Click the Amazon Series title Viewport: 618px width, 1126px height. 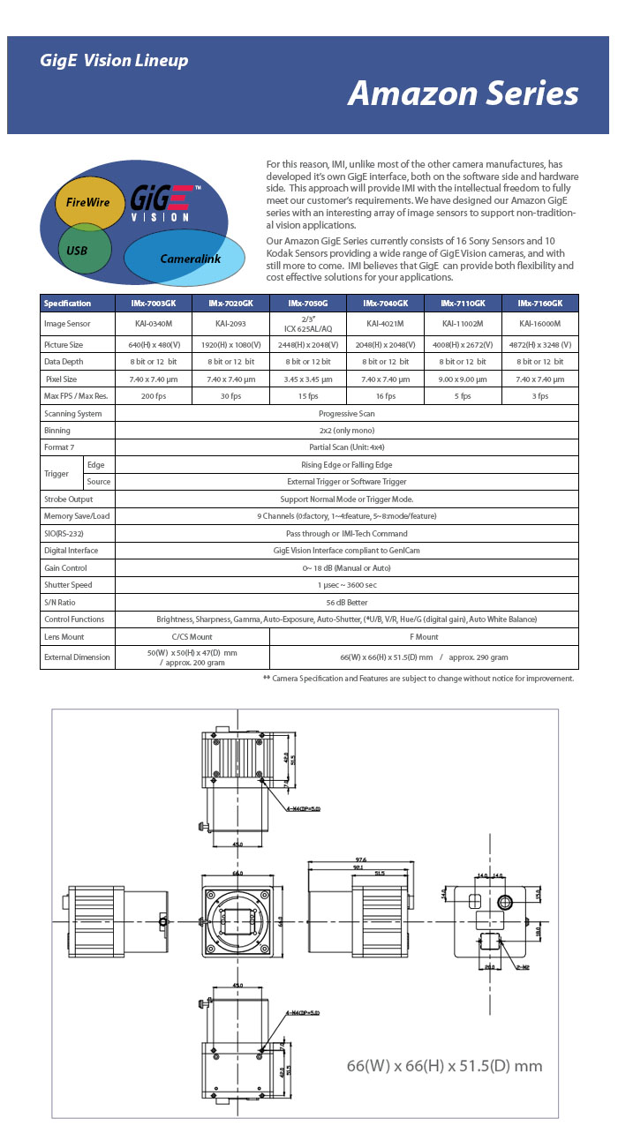[x=463, y=94]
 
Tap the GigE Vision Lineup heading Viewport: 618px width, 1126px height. [x=114, y=61]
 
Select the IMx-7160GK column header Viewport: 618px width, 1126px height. [x=540, y=304]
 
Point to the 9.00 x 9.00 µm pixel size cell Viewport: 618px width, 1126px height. [x=463, y=379]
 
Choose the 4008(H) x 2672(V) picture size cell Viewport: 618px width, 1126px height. [x=463, y=344]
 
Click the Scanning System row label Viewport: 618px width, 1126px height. [x=73, y=413]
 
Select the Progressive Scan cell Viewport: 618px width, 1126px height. [x=346, y=413]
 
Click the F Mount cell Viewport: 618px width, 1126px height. [x=423, y=636]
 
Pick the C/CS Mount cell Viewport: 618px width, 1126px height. [x=192, y=636]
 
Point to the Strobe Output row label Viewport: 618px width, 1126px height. [x=70, y=499]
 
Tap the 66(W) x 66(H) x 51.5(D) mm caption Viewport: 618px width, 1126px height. [x=444, y=1066]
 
